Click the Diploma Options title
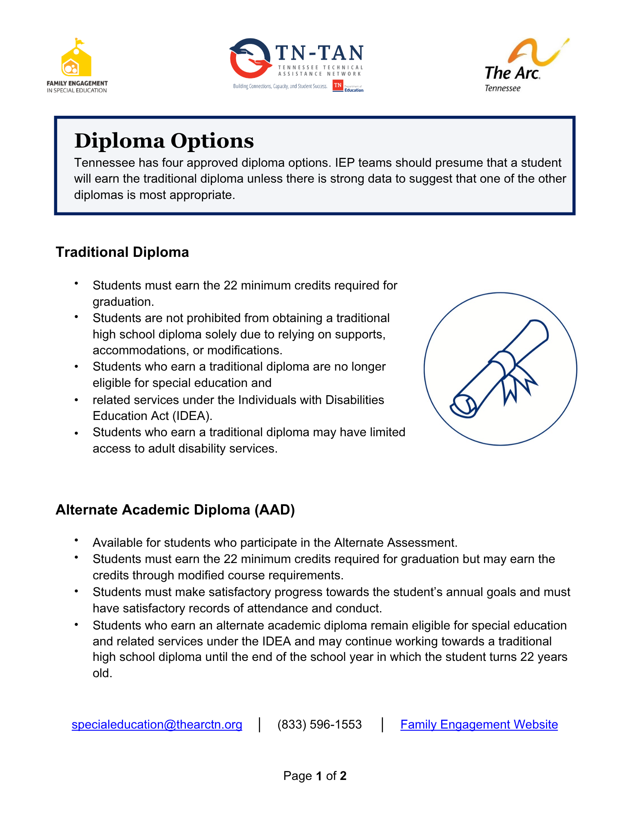pos(164,141)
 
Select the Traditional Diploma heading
pos(122,252)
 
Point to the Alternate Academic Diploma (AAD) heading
pos(175,510)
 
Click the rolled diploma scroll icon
pos(500,369)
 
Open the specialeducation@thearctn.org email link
pos(157,724)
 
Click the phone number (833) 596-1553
pos(320,724)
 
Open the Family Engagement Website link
pos(479,724)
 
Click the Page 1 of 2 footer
pos(315,776)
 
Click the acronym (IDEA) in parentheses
pos(192,416)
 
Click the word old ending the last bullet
pos(102,673)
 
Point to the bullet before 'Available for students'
pos(76,541)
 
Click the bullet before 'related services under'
pos(76,400)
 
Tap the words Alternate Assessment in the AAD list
pos(395,543)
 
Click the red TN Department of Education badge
pos(338,86)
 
